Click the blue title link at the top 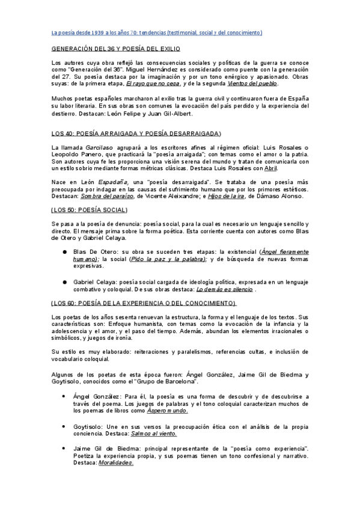click(x=156, y=31)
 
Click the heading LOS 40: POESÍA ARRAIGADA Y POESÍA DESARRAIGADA click(x=136, y=133)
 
